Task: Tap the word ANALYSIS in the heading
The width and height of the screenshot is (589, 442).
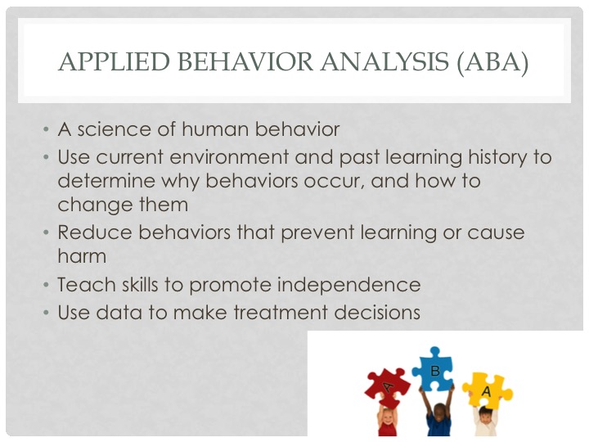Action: pyautogui.click(x=384, y=61)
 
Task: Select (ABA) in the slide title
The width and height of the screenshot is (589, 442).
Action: pyautogui.click(x=492, y=62)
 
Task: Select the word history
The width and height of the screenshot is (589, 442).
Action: pyautogui.click(x=497, y=158)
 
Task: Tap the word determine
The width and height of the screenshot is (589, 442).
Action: pyautogui.click(x=106, y=181)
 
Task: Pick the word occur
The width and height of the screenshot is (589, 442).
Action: pyautogui.click(x=334, y=182)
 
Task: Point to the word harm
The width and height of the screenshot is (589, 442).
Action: pyautogui.click(x=83, y=256)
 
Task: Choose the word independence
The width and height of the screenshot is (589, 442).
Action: pyautogui.click(x=349, y=286)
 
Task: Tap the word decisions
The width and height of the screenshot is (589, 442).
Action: pyautogui.click(x=377, y=313)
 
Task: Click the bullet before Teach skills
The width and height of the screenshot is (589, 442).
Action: pyautogui.click(x=46, y=286)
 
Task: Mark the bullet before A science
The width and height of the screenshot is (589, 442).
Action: pyautogui.click(x=46, y=129)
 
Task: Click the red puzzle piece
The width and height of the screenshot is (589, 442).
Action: pyautogui.click(x=387, y=387)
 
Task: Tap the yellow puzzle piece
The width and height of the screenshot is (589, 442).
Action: pyautogui.click(x=488, y=391)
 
